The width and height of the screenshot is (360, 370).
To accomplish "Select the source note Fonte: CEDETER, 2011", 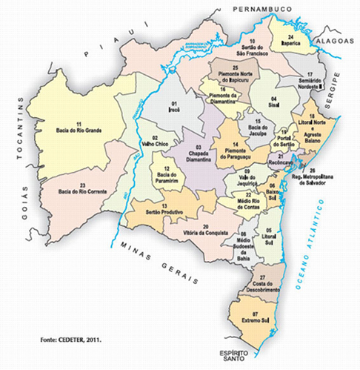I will tap(70, 340).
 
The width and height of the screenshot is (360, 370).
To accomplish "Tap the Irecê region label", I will tap(175, 107).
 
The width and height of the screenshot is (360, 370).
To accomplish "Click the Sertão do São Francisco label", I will tap(252, 49).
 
